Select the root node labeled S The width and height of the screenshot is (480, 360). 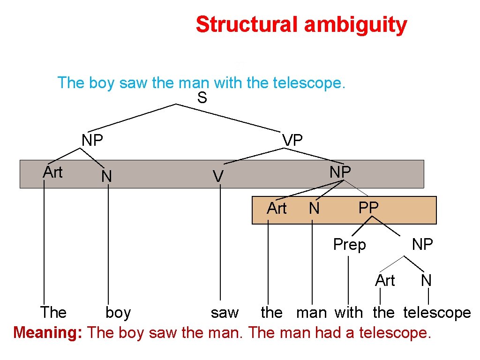tap(202, 98)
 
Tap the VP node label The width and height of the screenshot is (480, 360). tap(292, 140)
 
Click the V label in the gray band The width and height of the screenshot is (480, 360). tap(217, 177)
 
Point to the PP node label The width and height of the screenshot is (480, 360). tap(368, 208)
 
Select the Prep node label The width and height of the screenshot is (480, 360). tap(349, 244)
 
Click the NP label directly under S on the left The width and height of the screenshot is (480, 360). tap(92, 140)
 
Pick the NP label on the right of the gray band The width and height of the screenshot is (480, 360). tap(340, 172)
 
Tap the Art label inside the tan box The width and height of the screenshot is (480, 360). tap(276, 209)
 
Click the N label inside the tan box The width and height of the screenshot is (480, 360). tap(314, 209)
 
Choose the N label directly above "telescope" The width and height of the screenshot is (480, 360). tap(426, 281)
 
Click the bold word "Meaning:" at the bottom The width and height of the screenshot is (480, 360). tap(48, 333)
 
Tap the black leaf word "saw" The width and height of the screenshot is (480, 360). tap(225, 313)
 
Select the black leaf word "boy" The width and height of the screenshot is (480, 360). tap(118, 313)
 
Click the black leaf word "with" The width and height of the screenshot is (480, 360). tap(349, 313)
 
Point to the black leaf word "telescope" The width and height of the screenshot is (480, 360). tap(437, 313)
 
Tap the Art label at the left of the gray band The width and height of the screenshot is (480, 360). tap(52, 172)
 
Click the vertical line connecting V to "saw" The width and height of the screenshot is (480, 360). tap(220, 244)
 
